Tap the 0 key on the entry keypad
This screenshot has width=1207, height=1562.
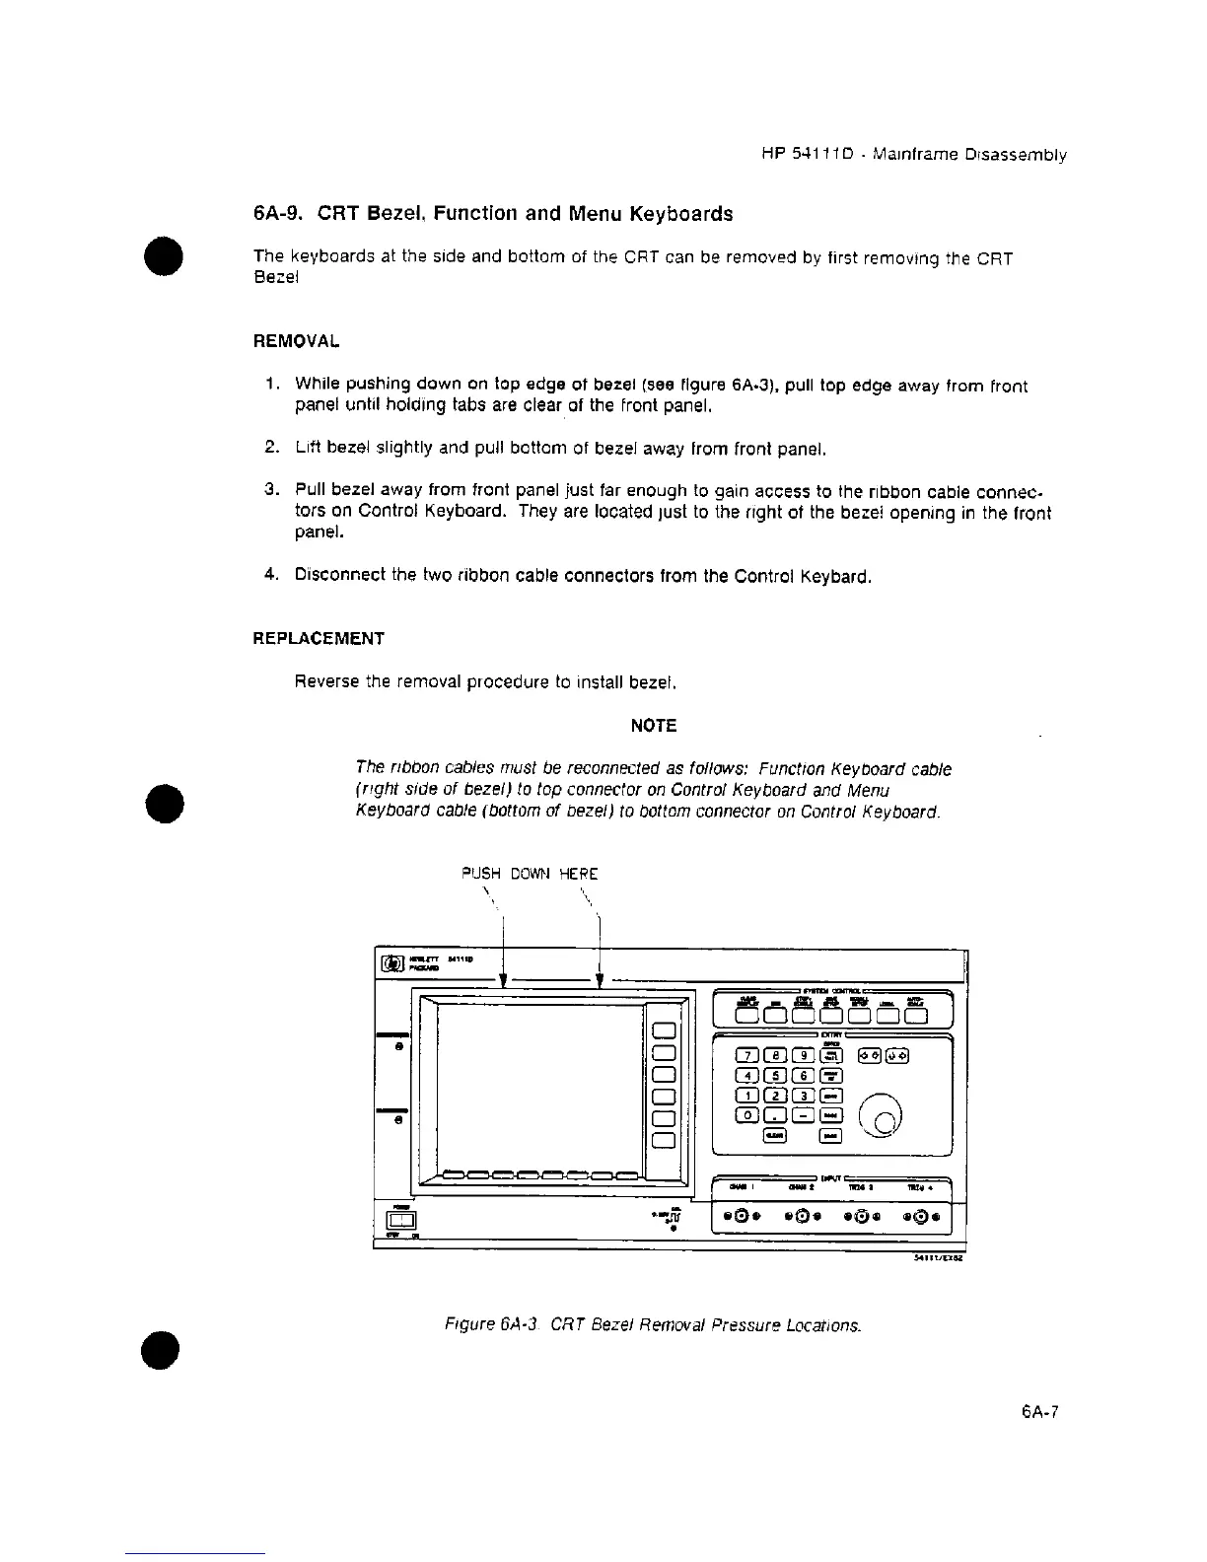pyautogui.click(x=749, y=1115)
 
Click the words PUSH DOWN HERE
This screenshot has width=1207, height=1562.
pyautogui.click(x=530, y=874)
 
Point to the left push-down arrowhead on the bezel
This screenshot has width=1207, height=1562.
pyautogui.click(x=504, y=980)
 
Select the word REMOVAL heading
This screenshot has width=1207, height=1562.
pyautogui.click(x=297, y=341)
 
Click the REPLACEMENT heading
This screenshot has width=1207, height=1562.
pyautogui.click(x=319, y=638)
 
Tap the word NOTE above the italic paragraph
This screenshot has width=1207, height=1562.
pyautogui.click(x=653, y=726)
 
